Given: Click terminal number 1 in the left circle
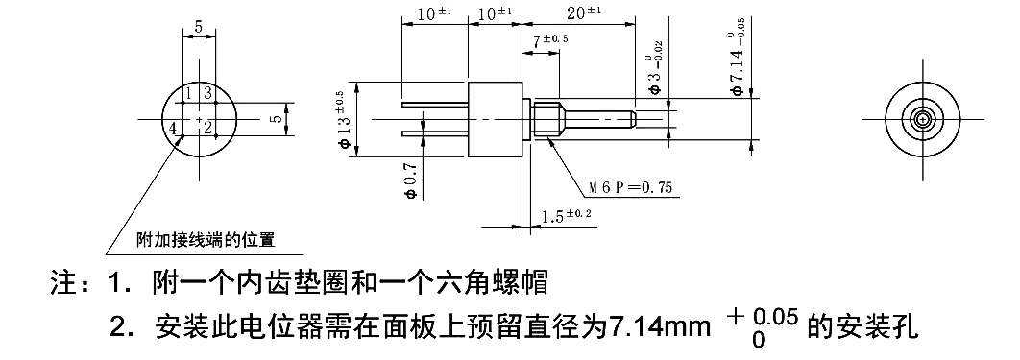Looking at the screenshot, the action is (x=190, y=92).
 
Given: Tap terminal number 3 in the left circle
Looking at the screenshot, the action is (x=207, y=92).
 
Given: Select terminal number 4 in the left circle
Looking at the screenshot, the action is (x=174, y=128).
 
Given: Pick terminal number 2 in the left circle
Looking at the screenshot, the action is (x=208, y=128).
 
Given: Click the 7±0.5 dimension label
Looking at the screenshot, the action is (x=551, y=41).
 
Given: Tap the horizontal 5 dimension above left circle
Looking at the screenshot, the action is (x=198, y=28).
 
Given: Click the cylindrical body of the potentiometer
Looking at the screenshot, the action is (x=494, y=119).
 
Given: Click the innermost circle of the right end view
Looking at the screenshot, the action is (x=923, y=119).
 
